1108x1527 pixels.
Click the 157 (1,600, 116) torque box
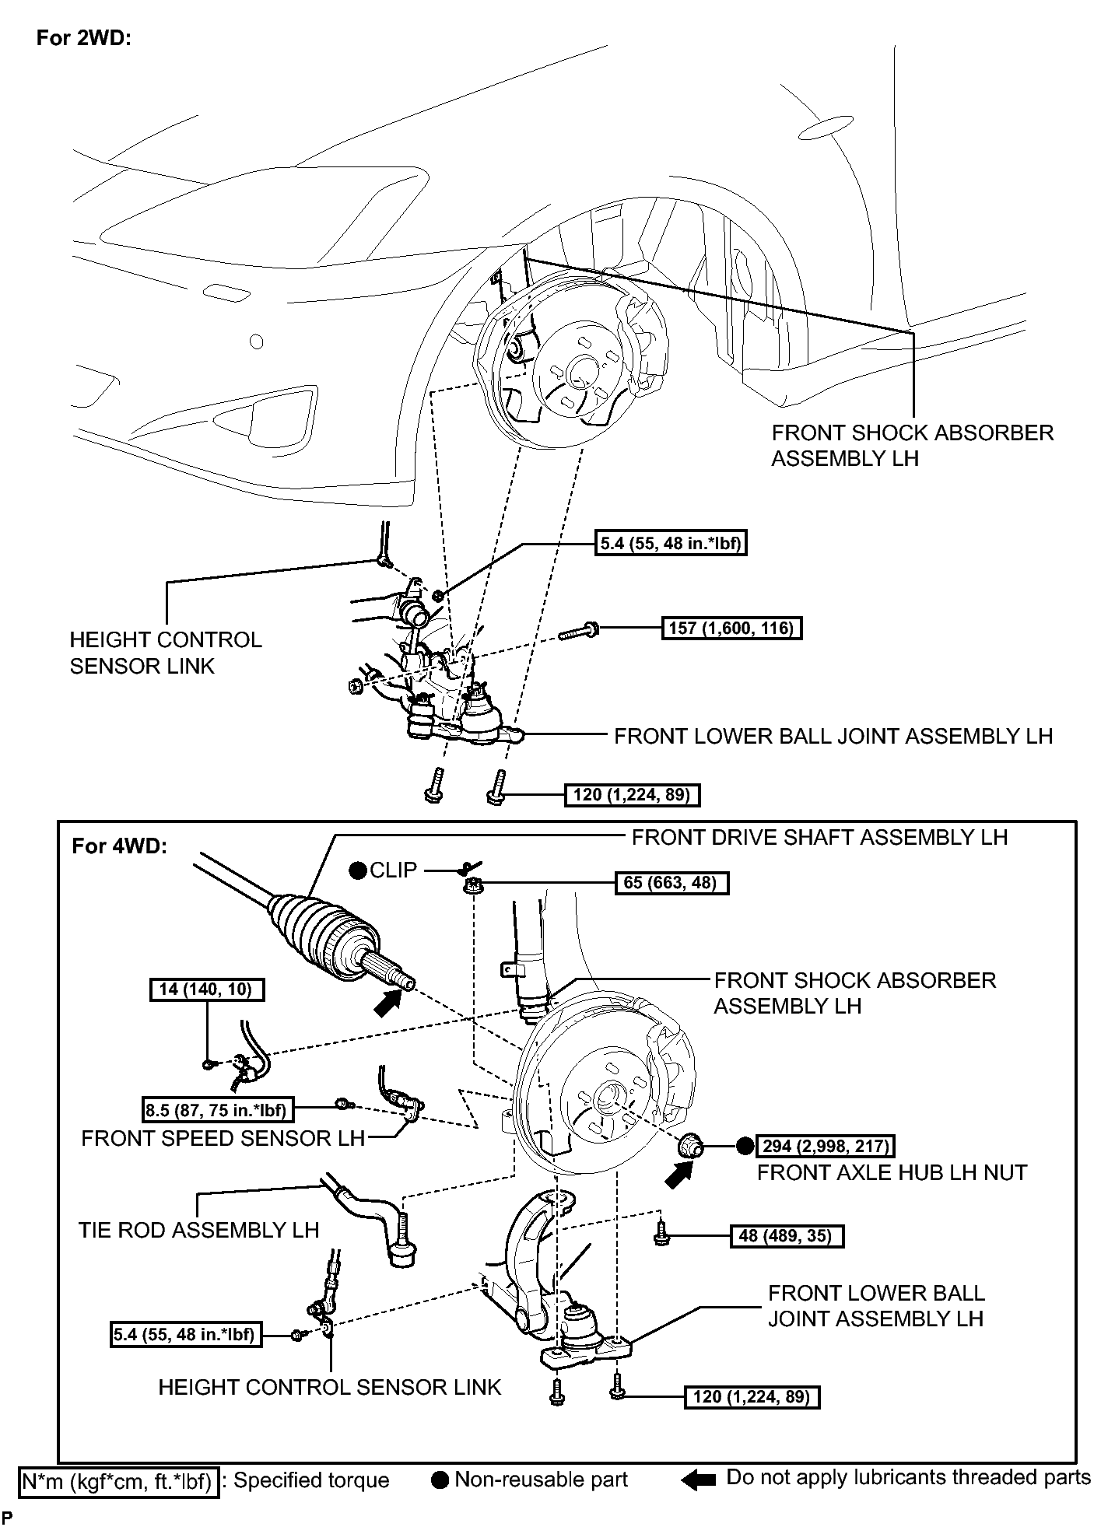[x=731, y=628]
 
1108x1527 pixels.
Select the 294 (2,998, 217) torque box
[x=826, y=1146]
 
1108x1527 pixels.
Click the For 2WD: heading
[x=84, y=39]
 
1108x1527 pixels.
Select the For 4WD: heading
[x=119, y=846]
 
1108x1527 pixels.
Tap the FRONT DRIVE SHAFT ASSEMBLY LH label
[x=819, y=837]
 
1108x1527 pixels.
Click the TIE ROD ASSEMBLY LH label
[x=199, y=1230]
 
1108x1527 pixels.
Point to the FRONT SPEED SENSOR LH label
[x=223, y=1138]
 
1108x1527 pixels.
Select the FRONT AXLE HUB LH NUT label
[x=892, y=1172]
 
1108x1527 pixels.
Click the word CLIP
[x=394, y=870]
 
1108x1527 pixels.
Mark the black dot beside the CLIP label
[x=358, y=870]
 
